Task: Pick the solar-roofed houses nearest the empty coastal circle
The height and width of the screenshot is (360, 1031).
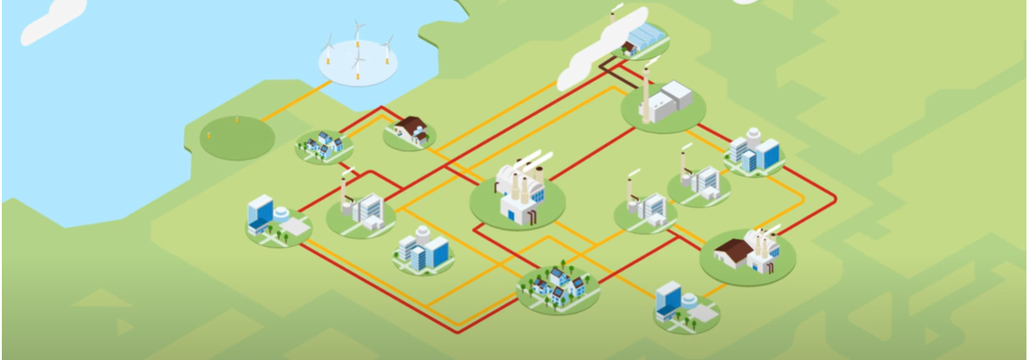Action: pyautogui.click(x=324, y=145)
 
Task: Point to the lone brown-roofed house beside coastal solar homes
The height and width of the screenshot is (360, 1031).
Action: pyautogui.click(x=410, y=129)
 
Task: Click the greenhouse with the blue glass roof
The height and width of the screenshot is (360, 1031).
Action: pyautogui.click(x=648, y=37)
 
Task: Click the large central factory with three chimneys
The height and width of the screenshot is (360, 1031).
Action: pyautogui.click(x=521, y=192)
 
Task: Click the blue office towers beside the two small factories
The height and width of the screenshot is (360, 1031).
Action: pyautogui.click(x=756, y=151)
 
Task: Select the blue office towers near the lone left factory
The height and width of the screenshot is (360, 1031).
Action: pyautogui.click(x=424, y=249)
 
